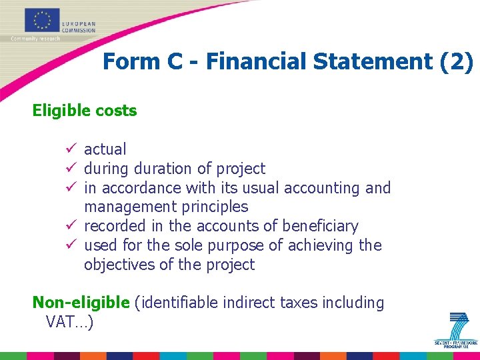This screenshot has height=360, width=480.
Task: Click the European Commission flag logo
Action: pos(43,20)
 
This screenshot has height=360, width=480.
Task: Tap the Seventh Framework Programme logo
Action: pos(457,330)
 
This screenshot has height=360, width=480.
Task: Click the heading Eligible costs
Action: pos(85,111)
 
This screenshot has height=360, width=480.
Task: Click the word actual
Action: pos(105,149)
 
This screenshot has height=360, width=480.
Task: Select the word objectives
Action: pos(119,265)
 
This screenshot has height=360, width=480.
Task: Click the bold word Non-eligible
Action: pos(81,303)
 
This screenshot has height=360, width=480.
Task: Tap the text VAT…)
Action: pos(69,322)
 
